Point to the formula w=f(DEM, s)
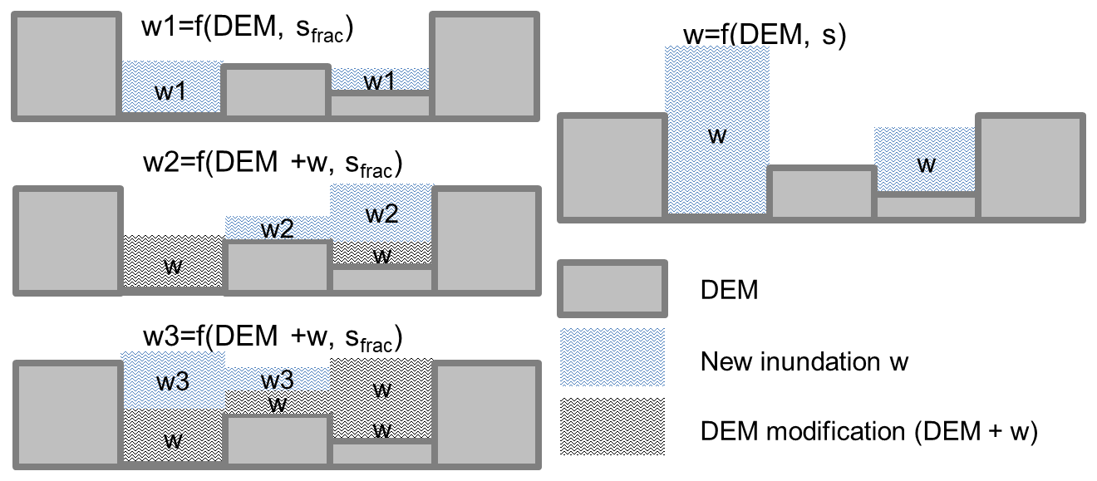click(x=763, y=35)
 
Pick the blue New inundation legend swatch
click(x=612, y=357)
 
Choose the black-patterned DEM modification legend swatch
click(x=612, y=426)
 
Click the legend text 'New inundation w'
click(x=804, y=361)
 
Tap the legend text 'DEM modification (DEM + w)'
click(x=869, y=432)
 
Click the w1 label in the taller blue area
click(x=171, y=91)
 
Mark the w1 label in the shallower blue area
click(x=381, y=81)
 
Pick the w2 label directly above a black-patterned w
click(x=381, y=215)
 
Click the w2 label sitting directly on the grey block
click(x=278, y=229)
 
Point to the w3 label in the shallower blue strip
click(x=277, y=380)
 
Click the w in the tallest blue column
click(x=716, y=135)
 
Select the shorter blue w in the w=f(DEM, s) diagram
click(x=926, y=164)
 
